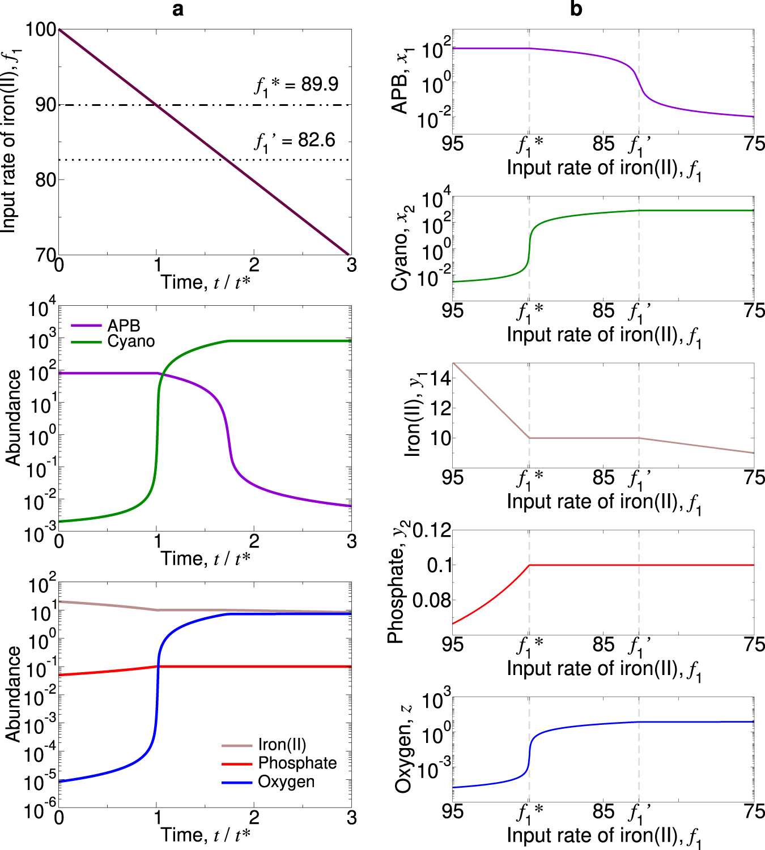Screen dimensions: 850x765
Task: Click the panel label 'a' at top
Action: (178, 10)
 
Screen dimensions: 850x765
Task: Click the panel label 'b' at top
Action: (576, 10)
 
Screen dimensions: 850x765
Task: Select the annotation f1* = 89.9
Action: (296, 85)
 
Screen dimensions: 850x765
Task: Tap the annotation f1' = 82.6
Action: (295, 140)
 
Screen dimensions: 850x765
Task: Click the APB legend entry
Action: (123, 326)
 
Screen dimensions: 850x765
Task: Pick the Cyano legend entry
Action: (131, 341)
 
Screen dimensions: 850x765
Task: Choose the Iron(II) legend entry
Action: (282, 745)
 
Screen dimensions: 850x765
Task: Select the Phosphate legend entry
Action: (297, 763)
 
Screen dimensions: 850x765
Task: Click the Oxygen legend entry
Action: (286, 782)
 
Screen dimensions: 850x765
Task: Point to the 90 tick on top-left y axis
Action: (46, 105)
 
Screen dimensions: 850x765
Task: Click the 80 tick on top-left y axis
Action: (46, 180)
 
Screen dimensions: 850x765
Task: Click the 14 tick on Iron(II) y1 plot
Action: (440, 378)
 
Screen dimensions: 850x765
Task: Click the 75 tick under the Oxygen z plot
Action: (754, 811)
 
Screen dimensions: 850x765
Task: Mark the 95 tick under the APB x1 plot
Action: (452, 144)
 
